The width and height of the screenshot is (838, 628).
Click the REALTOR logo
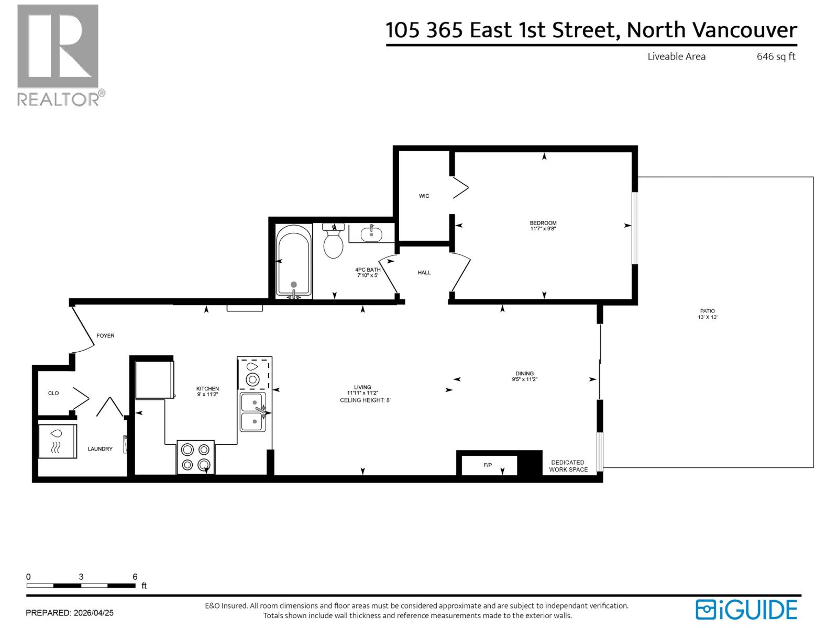58,55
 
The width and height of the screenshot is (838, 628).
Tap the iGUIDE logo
746,610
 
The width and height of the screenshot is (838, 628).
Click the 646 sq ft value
776,57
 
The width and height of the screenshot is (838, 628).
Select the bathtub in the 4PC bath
294,260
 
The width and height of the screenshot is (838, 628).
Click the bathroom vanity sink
371,233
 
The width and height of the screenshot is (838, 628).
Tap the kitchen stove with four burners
196,456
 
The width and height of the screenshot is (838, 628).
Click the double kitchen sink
253,412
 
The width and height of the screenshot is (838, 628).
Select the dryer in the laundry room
58,441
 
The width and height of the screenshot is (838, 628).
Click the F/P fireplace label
488,465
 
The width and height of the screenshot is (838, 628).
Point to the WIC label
424,196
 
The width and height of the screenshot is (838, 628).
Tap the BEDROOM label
543,223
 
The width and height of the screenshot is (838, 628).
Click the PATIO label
707,311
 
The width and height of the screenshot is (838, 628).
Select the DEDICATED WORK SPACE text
568,466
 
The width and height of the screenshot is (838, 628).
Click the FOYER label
105,335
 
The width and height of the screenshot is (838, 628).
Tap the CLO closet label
53,393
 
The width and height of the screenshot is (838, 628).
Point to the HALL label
424,273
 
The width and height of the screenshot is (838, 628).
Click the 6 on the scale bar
135,577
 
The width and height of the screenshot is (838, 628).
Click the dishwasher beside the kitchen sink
254,373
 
